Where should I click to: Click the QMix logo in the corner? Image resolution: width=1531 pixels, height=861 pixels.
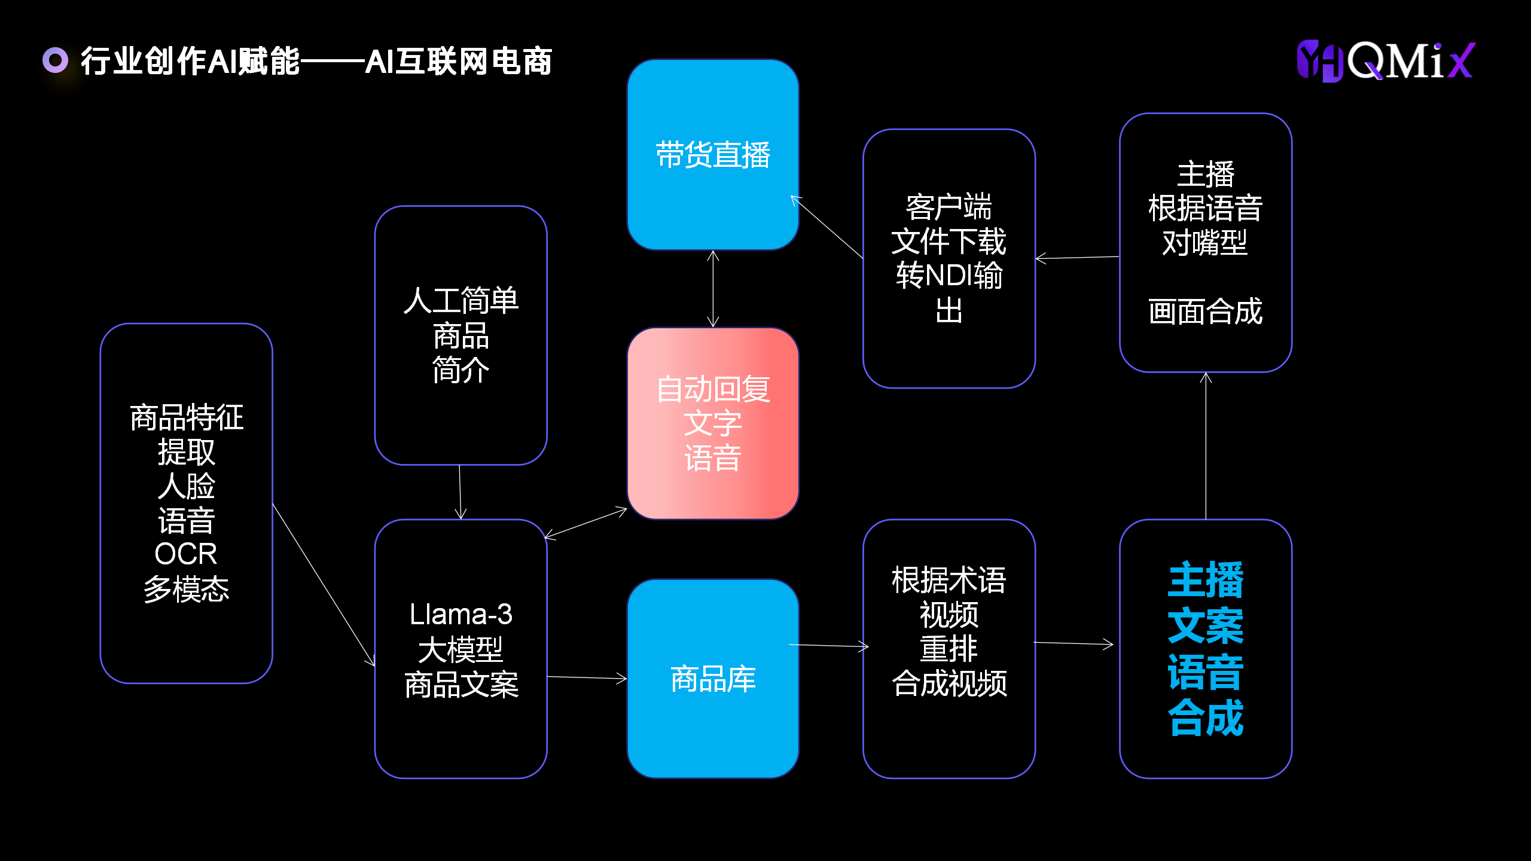pyautogui.click(x=1386, y=60)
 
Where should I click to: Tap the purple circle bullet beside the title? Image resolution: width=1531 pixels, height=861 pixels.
pyautogui.click(x=56, y=60)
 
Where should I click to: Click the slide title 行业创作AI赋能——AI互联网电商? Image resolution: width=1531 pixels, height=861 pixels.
pyautogui.click(x=316, y=62)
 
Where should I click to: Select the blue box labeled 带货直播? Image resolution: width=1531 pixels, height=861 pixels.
pyautogui.click(x=713, y=154)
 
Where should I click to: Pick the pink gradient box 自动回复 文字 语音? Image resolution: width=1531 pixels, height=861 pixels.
pyautogui.click(x=713, y=423)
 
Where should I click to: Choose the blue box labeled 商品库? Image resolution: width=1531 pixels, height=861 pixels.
pyautogui.click(x=713, y=679)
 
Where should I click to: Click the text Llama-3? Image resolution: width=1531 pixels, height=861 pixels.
pyautogui.click(x=460, y=615)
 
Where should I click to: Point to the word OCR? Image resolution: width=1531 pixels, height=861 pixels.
pyautogui.click(x=186, y=554)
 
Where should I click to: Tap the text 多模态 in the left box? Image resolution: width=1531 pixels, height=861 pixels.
pyautogui.click(x=186, y=589)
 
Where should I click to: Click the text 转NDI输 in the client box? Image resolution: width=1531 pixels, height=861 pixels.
pyautogui.click(x=949, y=276)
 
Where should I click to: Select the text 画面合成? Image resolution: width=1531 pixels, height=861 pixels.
pyautogui.click(x=1205, y=312)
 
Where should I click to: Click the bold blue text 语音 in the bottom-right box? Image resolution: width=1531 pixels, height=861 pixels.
pyautogui.click(x=1205, y=671)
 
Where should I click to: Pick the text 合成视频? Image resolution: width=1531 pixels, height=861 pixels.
pyautogui.click(x=949, y=683)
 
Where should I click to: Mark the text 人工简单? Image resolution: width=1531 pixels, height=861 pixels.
pyautogui.click(x=460, y=300)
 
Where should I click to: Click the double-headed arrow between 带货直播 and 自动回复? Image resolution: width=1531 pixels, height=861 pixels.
pyautogui.click(x=713, y=289)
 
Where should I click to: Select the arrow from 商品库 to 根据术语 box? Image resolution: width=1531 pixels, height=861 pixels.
pyautogui.click(x=829, y=645)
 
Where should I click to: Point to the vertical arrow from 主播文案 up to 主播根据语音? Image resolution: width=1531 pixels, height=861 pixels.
pyautogui.click(x=1206, y=445)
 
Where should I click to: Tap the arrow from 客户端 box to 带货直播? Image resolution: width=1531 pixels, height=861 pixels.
pyautogui.click(x=828, y=227)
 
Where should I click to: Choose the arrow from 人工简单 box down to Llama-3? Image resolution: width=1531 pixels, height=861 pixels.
pyautogui.click(x=460, y=492)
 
